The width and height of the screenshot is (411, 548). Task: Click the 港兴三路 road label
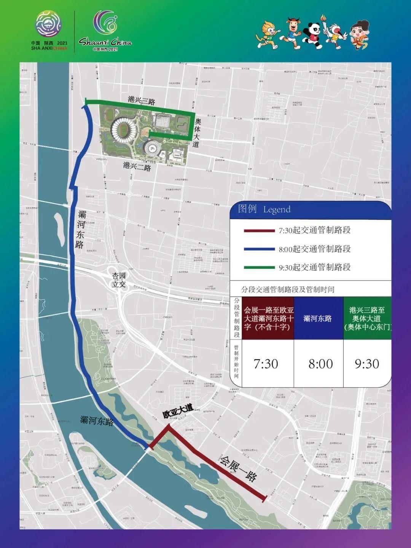click(142, 101)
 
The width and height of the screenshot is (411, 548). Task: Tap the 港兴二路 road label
click(137, 166)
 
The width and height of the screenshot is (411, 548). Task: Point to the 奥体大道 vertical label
click(197, 133)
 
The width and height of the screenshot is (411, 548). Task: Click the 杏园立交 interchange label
click(119, 280)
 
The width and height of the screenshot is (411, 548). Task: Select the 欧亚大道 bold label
click(178, 411)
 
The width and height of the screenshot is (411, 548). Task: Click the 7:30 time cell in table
click(266, 364)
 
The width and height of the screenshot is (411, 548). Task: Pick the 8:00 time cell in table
click(320, 364)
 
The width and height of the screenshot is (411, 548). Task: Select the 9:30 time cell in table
click(367, 364)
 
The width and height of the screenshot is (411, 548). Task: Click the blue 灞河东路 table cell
click(318, 318)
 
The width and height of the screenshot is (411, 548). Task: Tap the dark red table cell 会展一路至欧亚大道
click(269, 318)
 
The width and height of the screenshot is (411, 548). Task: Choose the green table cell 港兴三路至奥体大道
click(367, 318)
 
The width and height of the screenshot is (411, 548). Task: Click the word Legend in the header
click(277, 209)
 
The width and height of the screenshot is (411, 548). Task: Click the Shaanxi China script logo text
click(105, 42)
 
